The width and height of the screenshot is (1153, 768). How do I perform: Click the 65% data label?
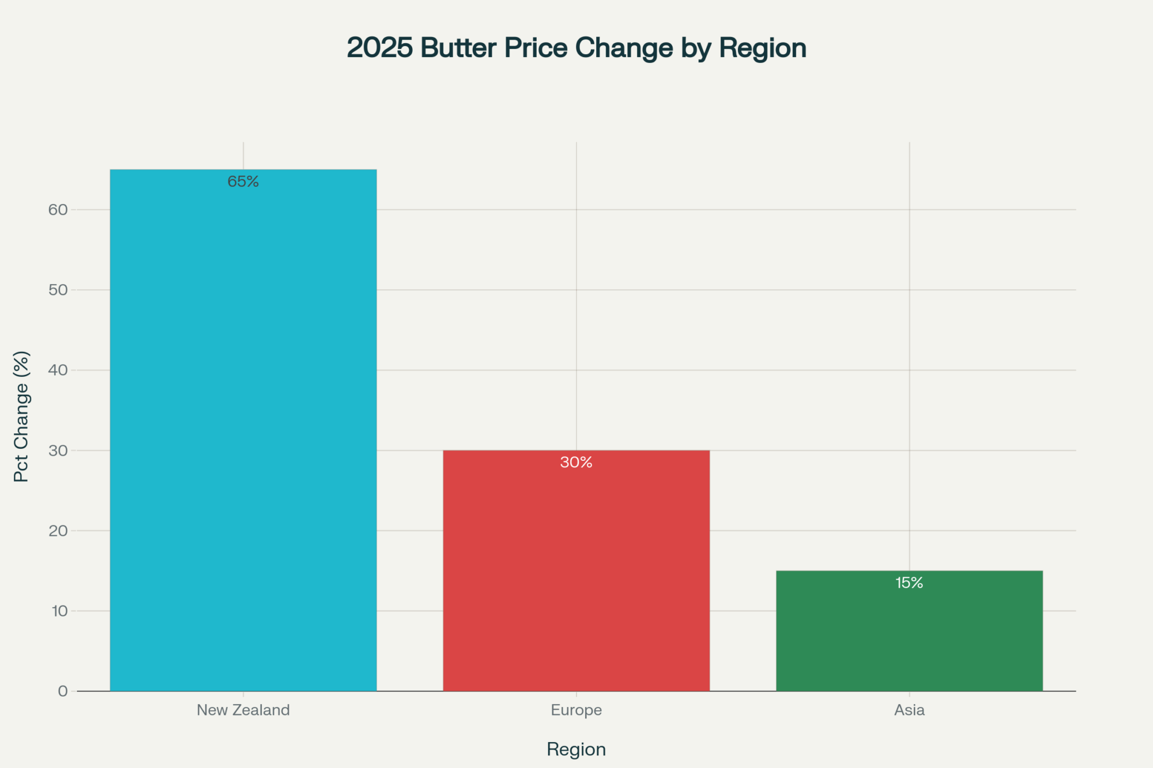click(x=243, y=181)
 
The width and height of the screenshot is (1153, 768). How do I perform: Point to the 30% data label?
click(x=576, y=462)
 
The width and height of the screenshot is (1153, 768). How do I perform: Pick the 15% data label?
click(x=909, y=582)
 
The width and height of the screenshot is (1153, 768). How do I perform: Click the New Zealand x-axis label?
click(x=243, y=710)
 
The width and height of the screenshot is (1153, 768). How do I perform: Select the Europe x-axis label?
click(x=576, y=710)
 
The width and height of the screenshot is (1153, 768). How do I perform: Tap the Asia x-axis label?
click(x=909, y=710)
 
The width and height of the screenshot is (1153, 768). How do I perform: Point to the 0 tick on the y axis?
click(x=63, y=691)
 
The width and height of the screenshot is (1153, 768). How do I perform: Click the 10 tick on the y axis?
click(x=59, y=611)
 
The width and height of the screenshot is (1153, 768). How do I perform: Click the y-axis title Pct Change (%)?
click(x=21, y=416)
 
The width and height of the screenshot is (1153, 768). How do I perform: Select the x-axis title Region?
click(x=576, y=749)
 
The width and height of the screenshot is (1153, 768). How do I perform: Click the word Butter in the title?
click(x=458, y=48)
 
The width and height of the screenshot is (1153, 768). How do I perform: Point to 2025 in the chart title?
click(x=380, y=48)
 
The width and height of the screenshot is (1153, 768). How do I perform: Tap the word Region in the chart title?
click(x=762, y=48)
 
